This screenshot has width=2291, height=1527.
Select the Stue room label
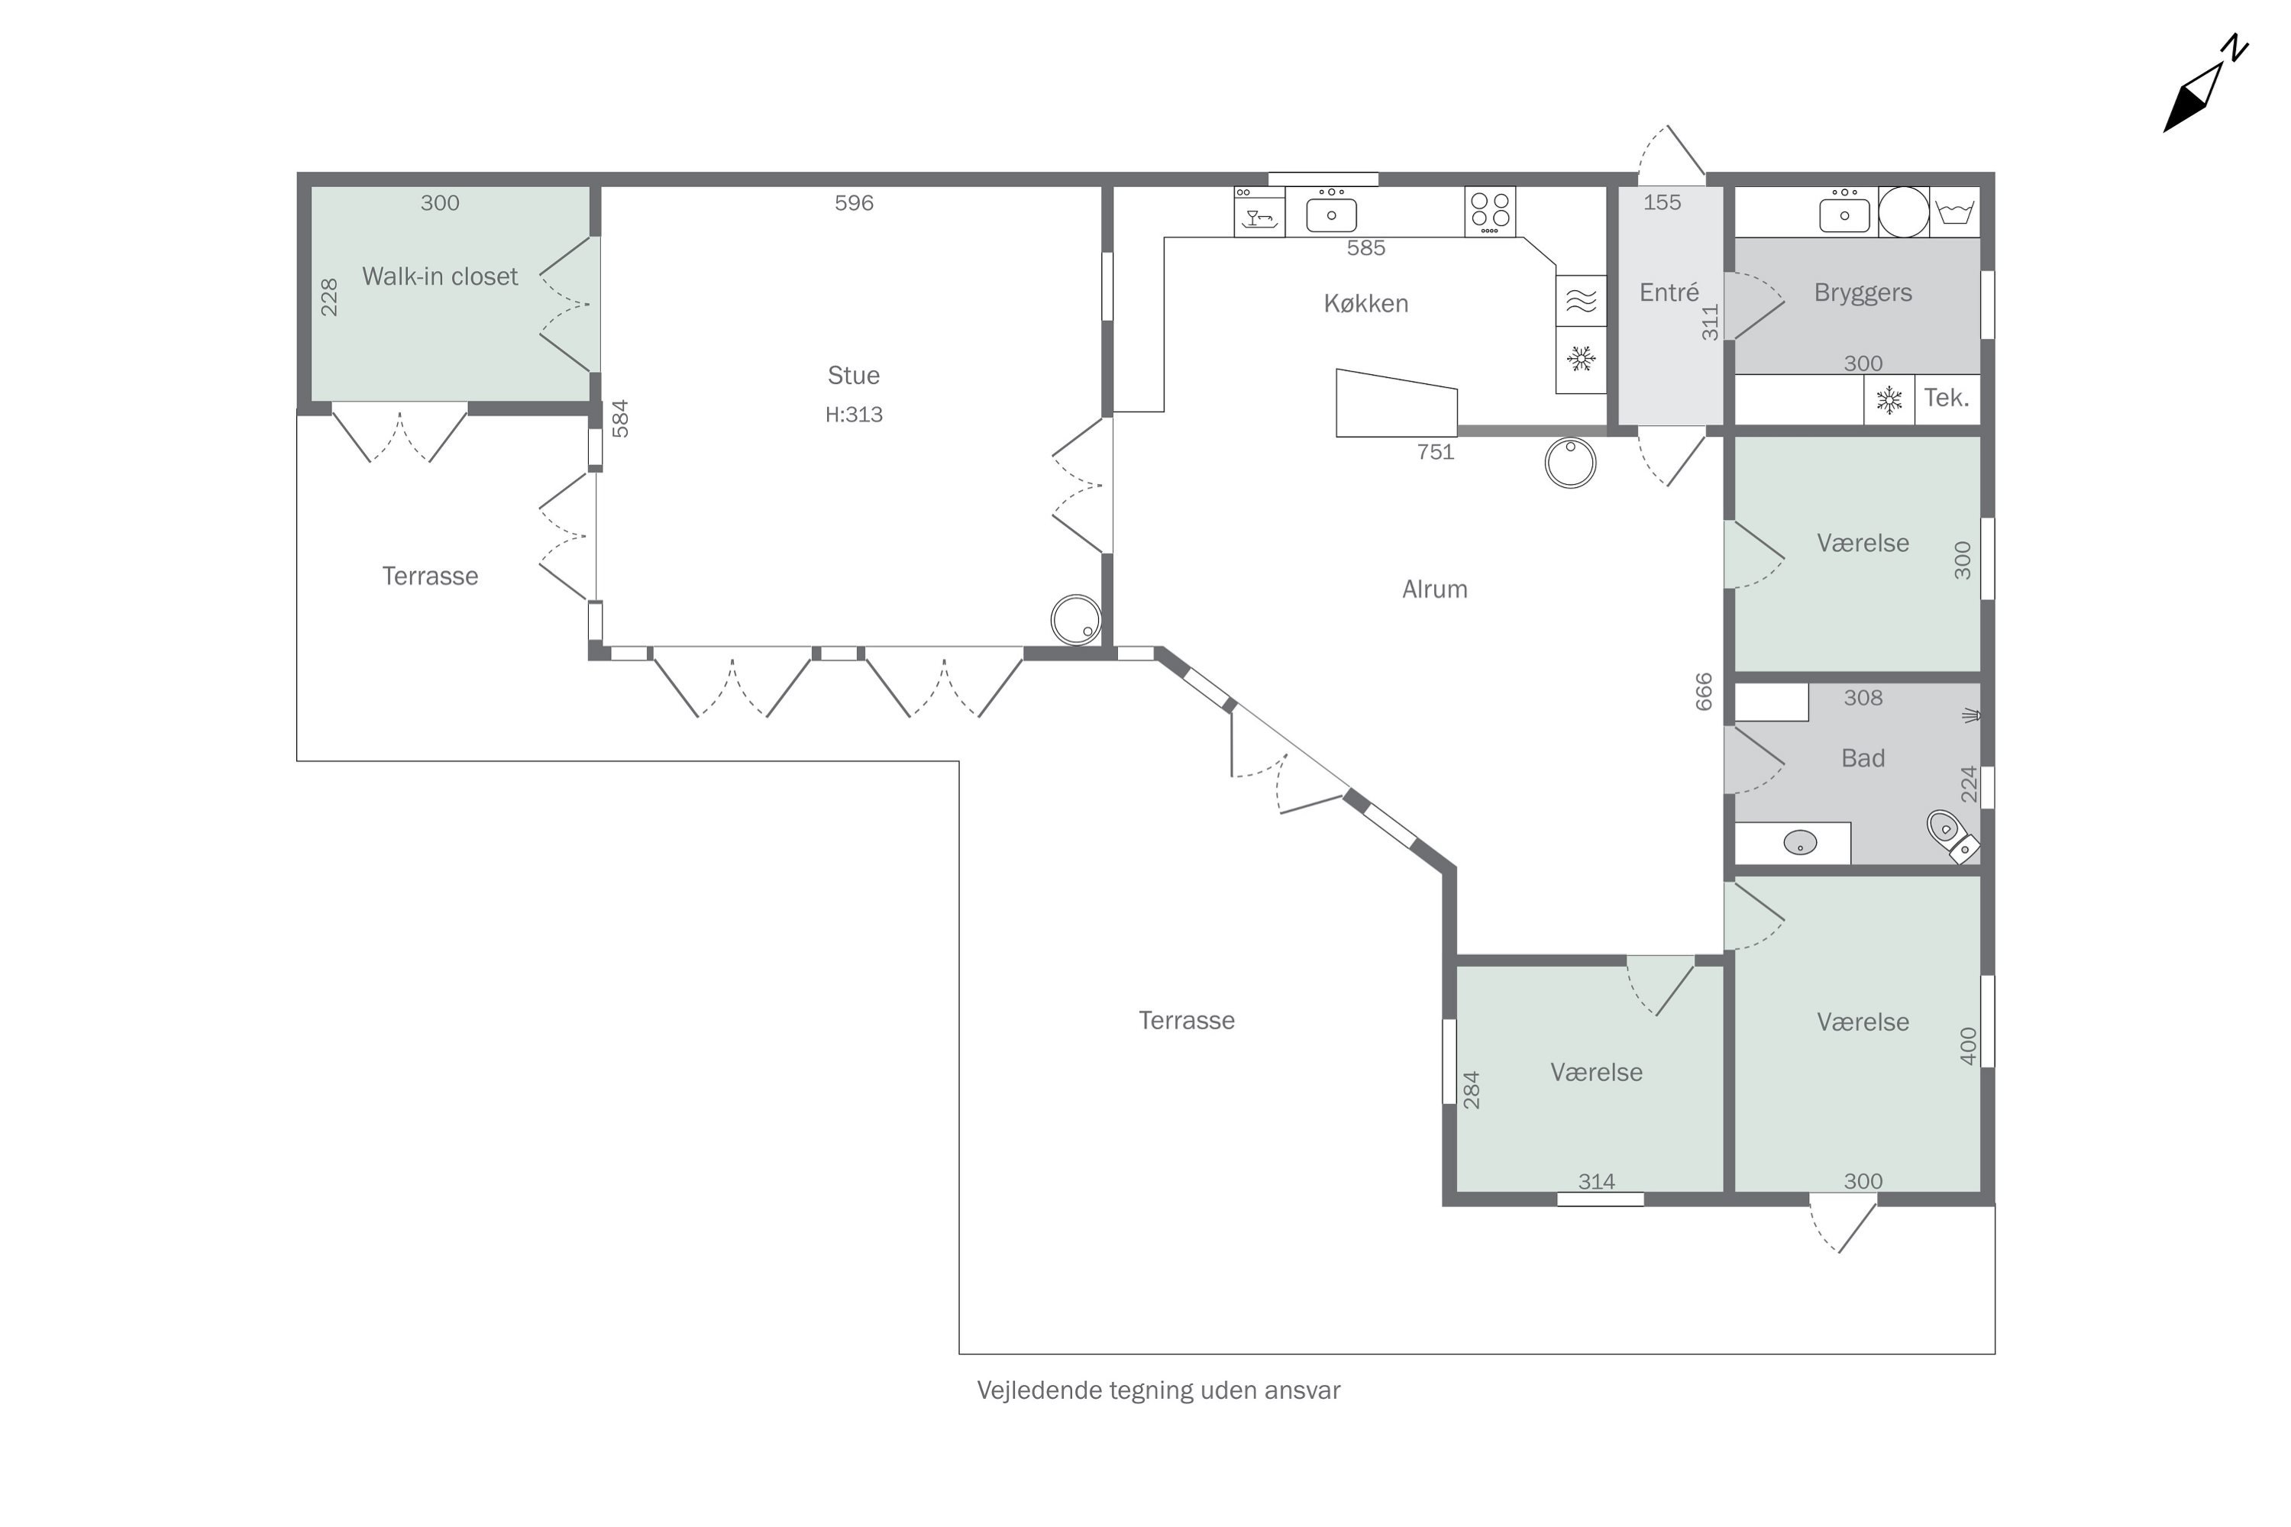tap(853, 375)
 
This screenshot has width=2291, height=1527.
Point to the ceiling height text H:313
tap(853, 414)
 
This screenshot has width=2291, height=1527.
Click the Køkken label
tap(1365, 303)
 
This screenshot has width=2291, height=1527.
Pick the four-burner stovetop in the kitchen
tap(1489, 211)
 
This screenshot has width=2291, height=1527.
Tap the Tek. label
tap(1946, 397)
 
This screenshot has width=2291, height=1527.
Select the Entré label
tap(1669, 292)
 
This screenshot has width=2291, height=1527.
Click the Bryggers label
tap(1863, 292)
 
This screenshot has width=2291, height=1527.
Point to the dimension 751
tap(1435, 452)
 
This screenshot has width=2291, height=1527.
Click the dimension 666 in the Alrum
tap(1704, 692)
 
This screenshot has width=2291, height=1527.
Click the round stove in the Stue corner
tap(1076, 619)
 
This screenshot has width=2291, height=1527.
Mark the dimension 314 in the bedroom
tap(1597, 1181)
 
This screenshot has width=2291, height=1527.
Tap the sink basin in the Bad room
tap(1800, 842)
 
